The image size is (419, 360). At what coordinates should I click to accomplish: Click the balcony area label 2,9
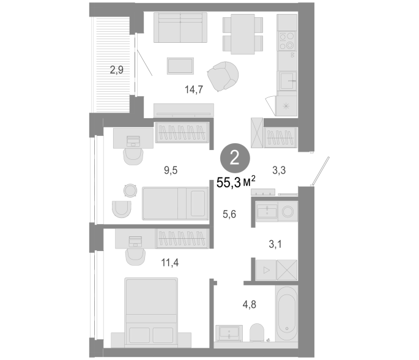[116, 70]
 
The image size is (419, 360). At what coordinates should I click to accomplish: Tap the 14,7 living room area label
[194, 89]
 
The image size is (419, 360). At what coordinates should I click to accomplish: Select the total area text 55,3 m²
[235, 182]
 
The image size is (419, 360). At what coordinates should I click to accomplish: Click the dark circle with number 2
[235, 158]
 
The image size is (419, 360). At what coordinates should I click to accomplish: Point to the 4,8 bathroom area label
[249, 304]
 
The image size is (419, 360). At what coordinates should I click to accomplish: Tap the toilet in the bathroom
[257, 332]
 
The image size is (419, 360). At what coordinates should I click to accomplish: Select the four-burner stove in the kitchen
[287, 41]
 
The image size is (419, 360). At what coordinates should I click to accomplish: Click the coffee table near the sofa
[180, 66]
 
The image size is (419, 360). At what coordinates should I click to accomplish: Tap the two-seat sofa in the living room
[180, 28]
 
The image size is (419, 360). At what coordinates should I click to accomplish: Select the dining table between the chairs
[243, 34]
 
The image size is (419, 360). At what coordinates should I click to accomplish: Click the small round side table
[130, 190]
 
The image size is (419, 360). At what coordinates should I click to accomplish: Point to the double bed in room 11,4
[151, 312]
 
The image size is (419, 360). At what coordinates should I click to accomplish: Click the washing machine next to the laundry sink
[288, 212]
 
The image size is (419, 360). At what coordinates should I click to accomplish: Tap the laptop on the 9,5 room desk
[133, 141]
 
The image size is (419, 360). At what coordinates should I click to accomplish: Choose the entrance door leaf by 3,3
[320, 171]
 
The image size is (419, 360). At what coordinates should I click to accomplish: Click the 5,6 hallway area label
[229, 214]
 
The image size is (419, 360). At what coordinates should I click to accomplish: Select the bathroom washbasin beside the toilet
[229, 333]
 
